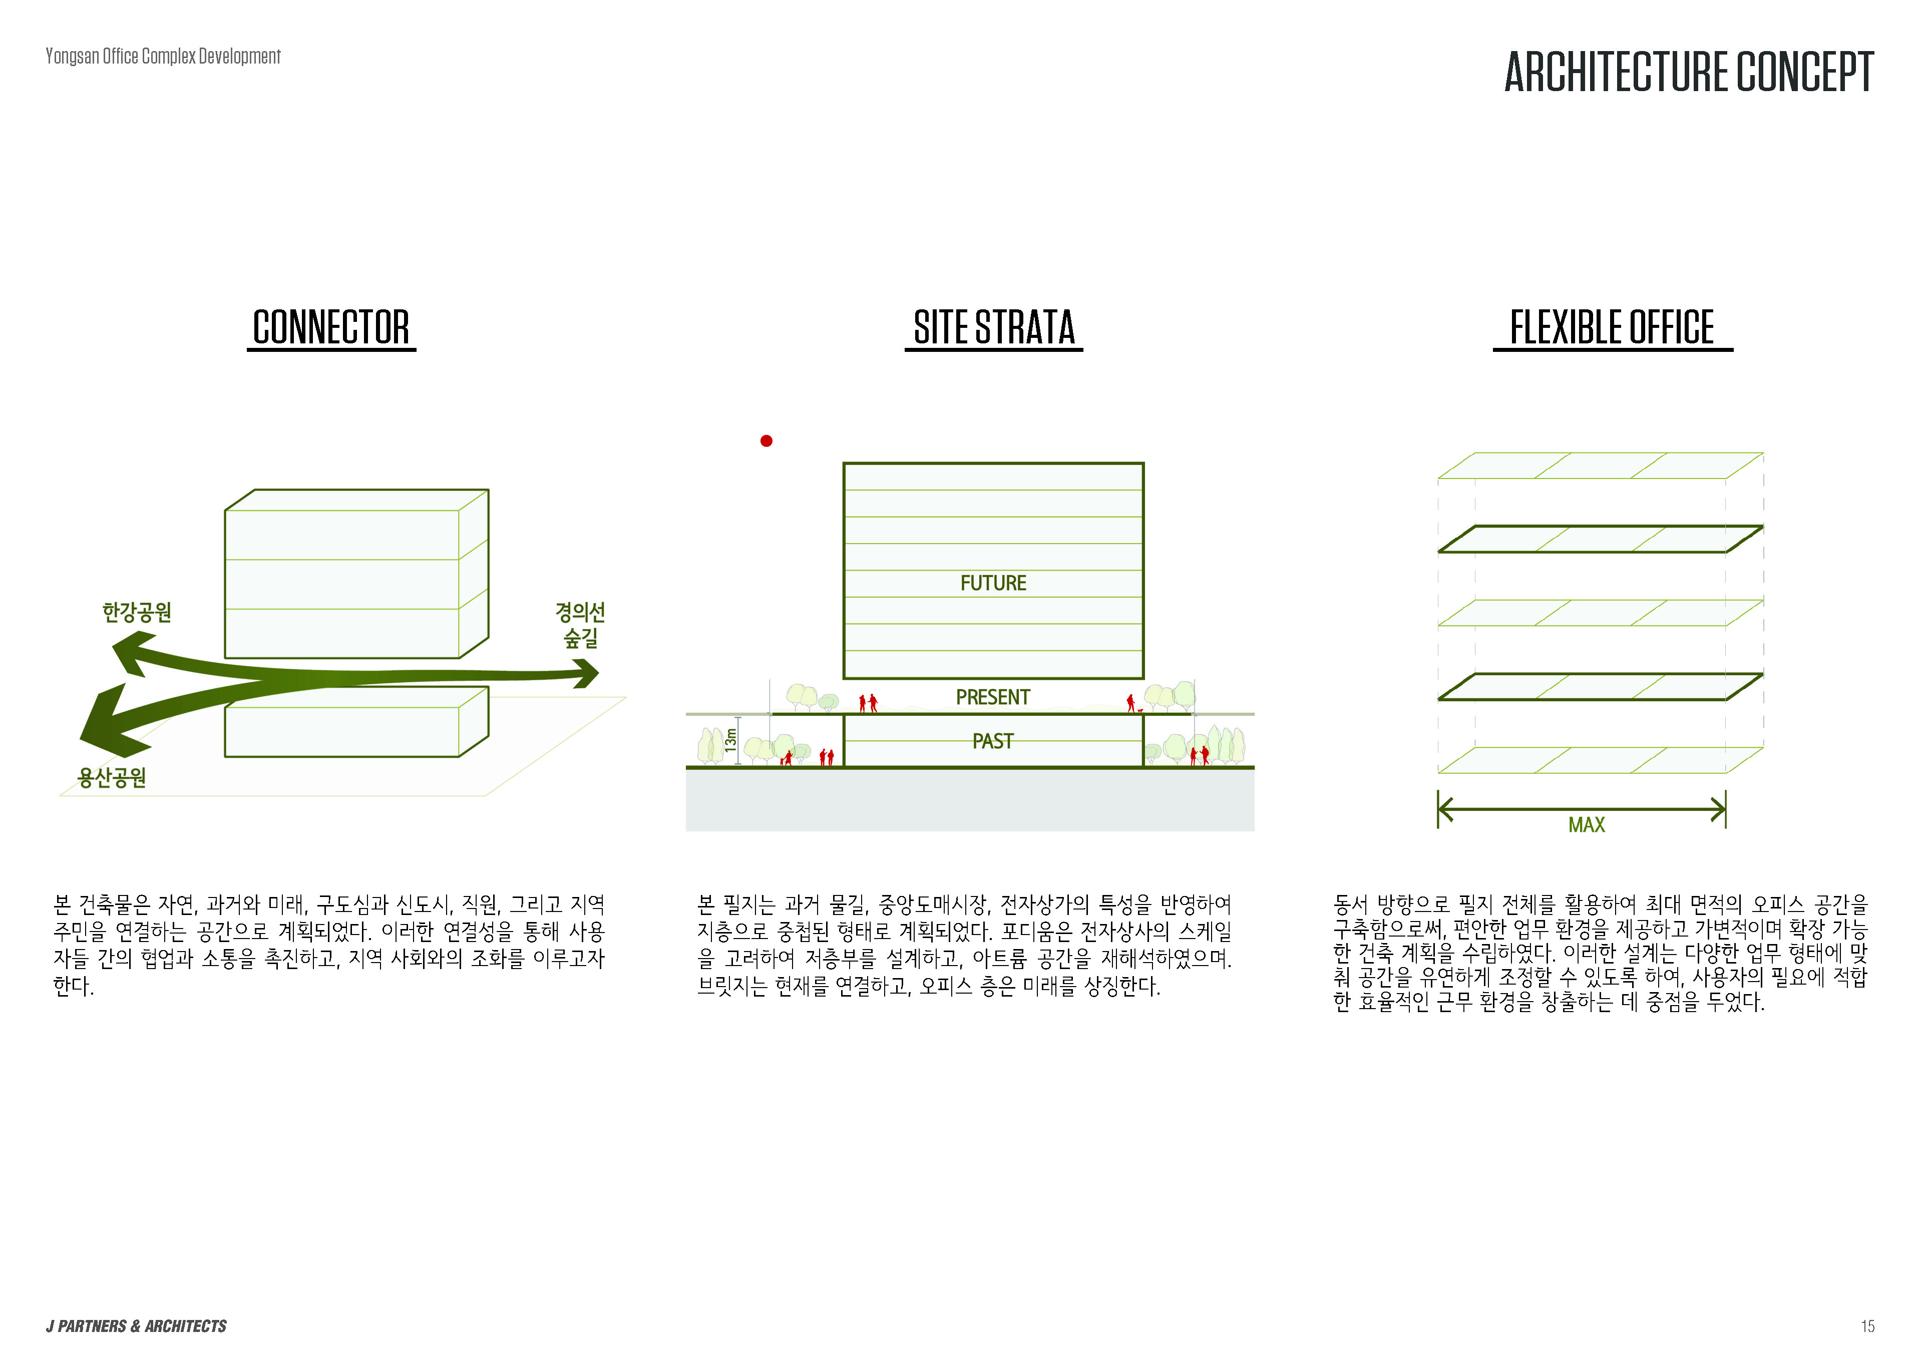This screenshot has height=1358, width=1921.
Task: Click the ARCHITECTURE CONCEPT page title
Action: point(1688,72)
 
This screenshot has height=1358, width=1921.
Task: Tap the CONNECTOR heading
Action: point(331,327)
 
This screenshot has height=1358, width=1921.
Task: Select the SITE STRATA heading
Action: point(994,327)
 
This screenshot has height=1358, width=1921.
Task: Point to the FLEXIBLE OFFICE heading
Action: point(1612,327)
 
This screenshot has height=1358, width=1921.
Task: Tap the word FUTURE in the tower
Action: point(993,583)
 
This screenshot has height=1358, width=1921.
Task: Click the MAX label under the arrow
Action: point(1587,825)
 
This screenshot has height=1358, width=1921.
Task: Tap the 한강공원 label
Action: point(137,613)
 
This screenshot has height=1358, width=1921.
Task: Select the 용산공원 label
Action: point(112,778)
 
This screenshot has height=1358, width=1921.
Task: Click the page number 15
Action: point(1867,1326)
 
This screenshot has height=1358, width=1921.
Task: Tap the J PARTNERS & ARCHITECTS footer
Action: point(136,1326)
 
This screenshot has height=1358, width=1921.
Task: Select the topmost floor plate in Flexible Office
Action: point(1600,466)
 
